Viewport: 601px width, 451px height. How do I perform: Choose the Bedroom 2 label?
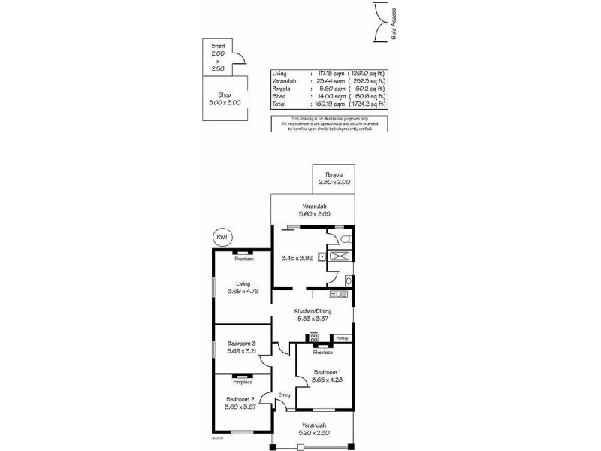tap(241, 403)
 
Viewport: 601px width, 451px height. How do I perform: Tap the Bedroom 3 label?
tap(241, 347)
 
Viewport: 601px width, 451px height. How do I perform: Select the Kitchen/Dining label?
tap(311, 314)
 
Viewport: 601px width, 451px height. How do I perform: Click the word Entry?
tap(284, 395)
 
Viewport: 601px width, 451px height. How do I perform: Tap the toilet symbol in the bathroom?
tap(344, 239)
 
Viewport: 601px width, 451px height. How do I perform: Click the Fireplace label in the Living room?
tap(242, 259)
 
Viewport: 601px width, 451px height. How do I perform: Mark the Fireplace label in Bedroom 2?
tap(241, 382)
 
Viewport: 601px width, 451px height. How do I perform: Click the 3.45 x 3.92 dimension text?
tap(297, 259)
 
